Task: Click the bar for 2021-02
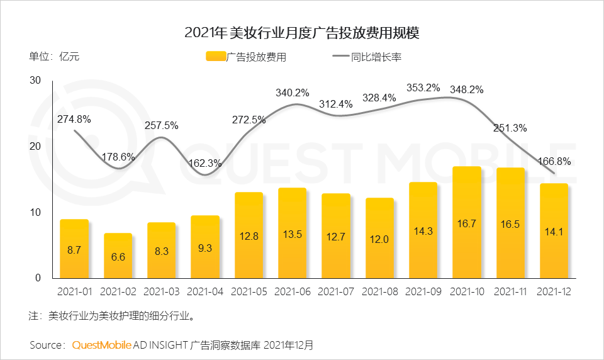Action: (118, 256)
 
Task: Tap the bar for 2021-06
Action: (293, 233)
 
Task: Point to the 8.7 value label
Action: (74, 250)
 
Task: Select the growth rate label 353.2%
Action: (423, 87)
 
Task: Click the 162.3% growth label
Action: (206, 163)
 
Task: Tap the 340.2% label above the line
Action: (293, 93)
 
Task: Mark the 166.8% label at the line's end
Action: (555, 161)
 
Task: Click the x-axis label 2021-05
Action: (249, 291)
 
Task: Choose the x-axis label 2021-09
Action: (423, 291)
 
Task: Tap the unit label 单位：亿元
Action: (54, 56)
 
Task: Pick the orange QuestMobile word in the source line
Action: (102, 345)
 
